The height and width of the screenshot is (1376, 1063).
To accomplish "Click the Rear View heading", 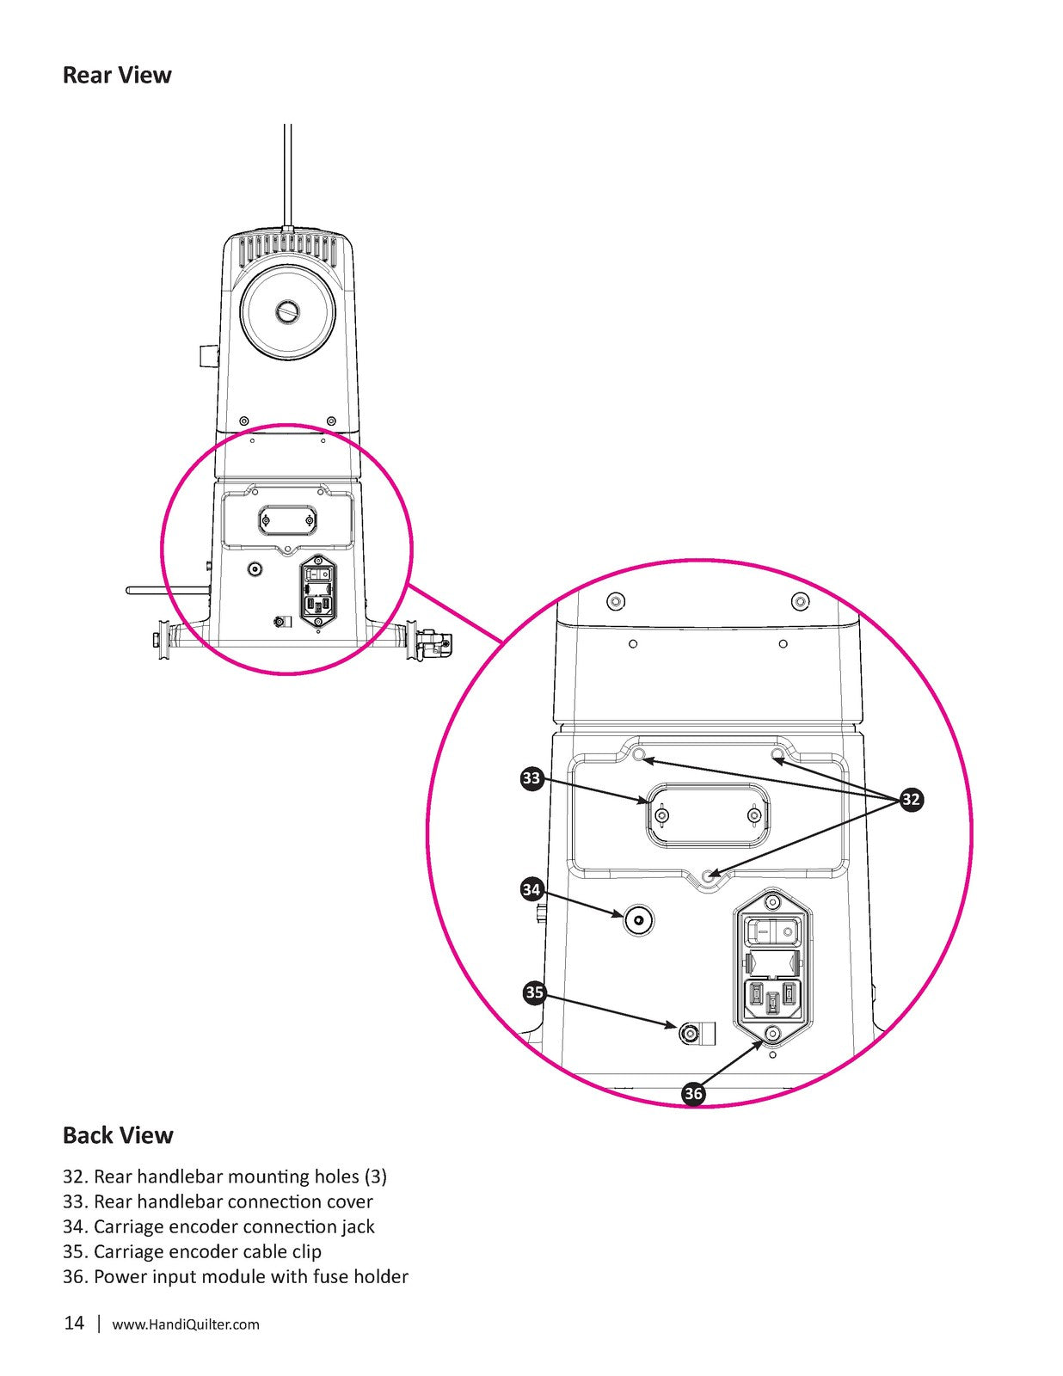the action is tap(117, 76).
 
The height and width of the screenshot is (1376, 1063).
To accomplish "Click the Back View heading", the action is tap(118, 1135).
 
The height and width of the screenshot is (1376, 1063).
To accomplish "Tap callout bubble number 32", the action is tap(911, 799).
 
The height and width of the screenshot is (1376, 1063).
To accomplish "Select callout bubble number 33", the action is tap(532, 778).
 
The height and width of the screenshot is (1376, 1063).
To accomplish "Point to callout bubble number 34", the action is tap(531, 890).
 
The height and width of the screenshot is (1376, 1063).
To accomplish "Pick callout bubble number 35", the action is tap(535, 992).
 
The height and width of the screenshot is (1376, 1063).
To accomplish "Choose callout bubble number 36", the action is tap(693, 1094).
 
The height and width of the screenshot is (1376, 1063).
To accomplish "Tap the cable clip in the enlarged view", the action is tap(696, 1034).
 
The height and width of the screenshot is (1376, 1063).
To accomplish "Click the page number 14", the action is tap(74, 1323).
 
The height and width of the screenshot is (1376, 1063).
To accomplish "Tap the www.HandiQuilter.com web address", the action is tap(186, 1324).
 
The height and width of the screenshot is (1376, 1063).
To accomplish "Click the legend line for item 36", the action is tap(236, 1276).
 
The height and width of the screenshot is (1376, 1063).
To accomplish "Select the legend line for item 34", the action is tap(218, 1226).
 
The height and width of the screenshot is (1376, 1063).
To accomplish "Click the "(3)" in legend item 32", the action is tap(376, 1176).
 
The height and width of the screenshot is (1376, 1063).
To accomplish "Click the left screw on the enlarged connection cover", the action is tap(661, 815).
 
